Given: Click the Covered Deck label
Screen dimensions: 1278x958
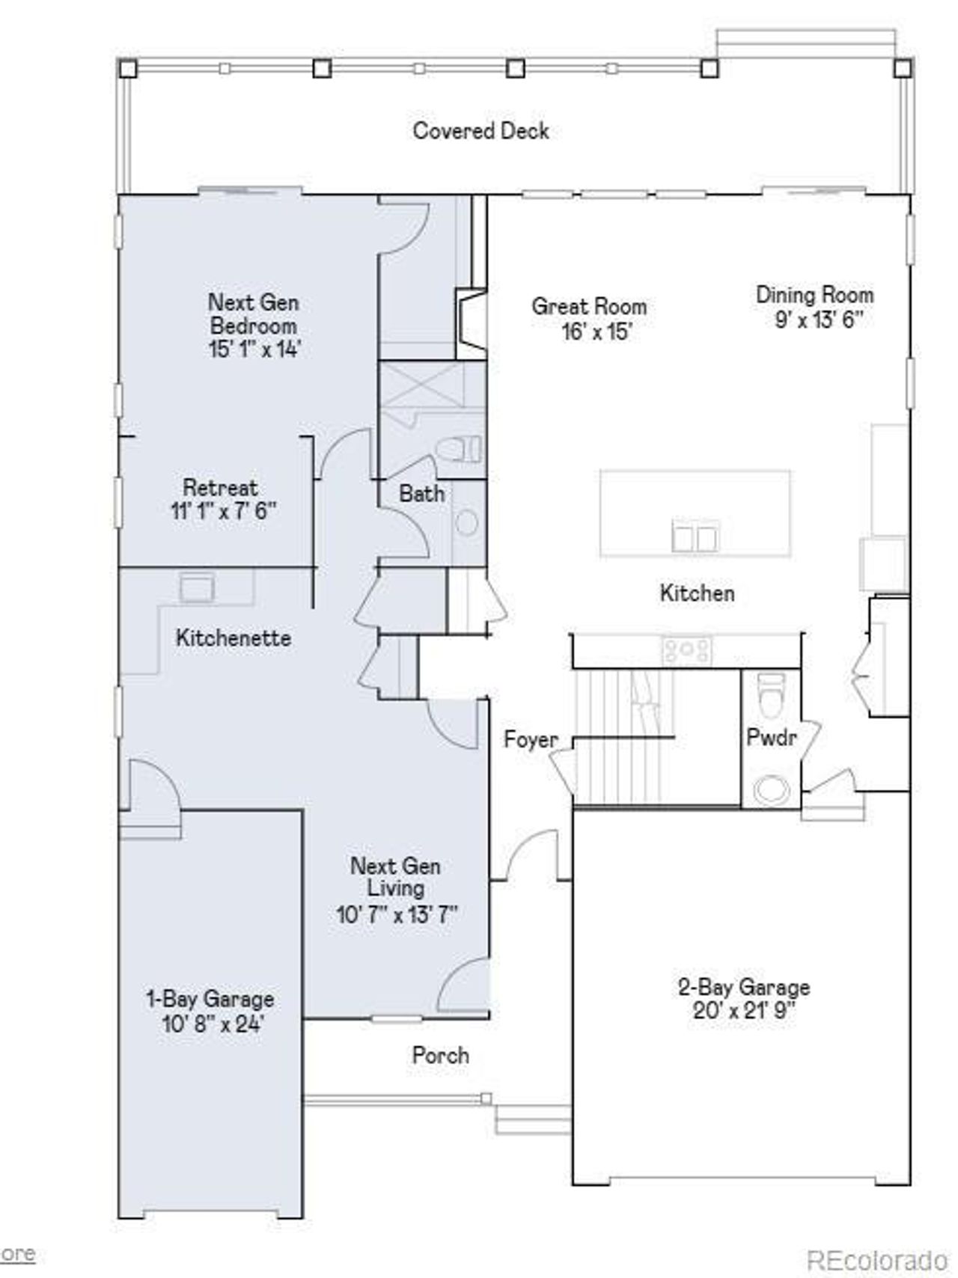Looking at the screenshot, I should point(480,131).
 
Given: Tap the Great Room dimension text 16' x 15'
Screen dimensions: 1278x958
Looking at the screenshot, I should point(597,331).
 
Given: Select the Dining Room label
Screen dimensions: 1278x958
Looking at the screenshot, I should point(814,295).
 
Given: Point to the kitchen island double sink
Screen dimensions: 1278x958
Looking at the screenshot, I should point(696,536).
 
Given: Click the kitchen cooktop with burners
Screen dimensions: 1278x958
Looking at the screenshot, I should point(686,650).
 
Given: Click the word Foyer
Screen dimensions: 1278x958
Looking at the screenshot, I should point(531,740).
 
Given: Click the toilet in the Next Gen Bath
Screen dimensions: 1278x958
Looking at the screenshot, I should point(458,450).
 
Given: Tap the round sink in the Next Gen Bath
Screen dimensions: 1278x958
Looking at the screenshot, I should point(467,523).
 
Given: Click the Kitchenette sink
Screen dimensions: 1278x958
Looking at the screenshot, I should point(197,587).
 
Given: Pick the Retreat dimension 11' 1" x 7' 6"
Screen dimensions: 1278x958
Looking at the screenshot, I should point(223,511).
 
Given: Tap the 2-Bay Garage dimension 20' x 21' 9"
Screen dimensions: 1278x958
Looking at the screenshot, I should point(744,1012).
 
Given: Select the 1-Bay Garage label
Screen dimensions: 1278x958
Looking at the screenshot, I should point(210,1000).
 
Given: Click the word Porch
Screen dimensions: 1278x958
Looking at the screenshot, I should point(440,1056).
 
